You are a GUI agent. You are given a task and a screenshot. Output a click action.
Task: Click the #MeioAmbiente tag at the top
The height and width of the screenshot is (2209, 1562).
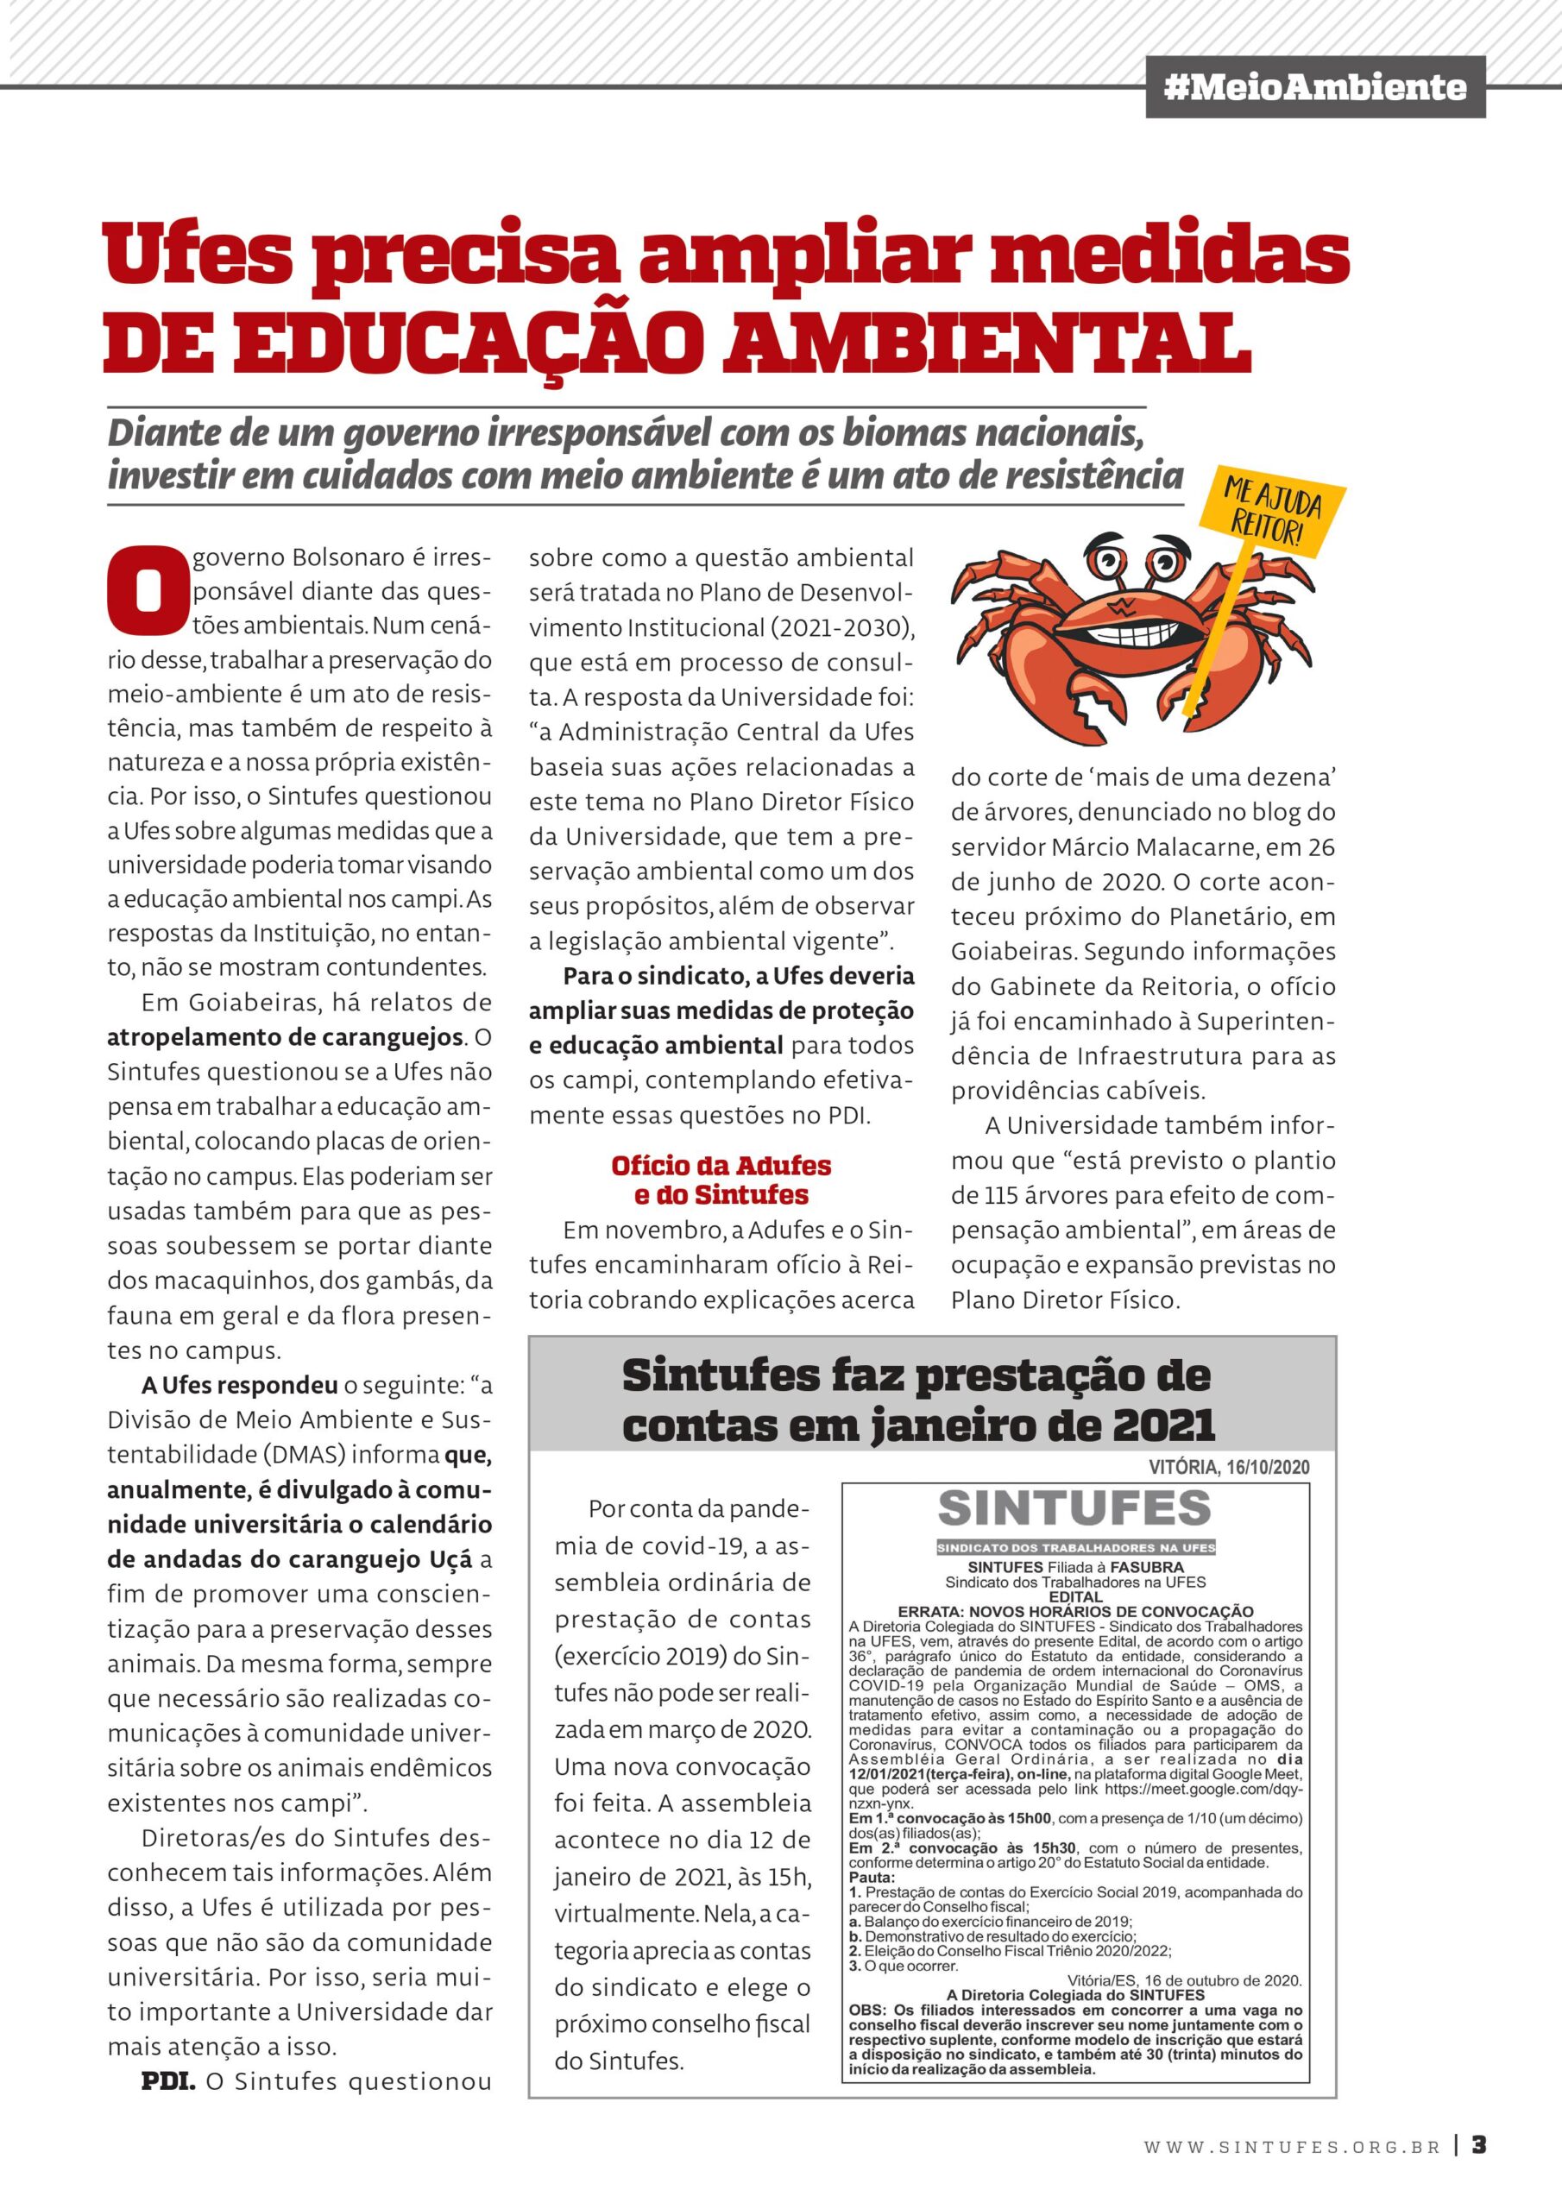(1314, 87)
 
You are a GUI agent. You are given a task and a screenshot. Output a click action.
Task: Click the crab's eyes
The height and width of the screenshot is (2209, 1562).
(1133, 561)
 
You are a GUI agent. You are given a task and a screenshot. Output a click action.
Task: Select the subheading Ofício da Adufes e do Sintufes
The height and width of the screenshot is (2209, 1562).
(721, 1180)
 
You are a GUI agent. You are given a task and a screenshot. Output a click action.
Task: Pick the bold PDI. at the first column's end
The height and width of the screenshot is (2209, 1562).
(168, 2081)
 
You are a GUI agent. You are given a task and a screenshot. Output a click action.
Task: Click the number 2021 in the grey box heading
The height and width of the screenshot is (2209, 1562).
(1163, 1425)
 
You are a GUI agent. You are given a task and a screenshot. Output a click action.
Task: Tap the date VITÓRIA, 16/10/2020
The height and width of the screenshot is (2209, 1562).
(1228, 1467)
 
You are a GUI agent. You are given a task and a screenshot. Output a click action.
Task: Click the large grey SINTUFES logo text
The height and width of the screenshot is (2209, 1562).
(1074, 1508)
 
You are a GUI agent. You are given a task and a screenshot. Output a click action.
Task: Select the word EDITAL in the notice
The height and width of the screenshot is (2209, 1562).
(1075, 1597)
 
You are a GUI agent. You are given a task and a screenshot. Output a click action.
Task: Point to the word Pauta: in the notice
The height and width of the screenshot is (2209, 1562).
(872, 1876)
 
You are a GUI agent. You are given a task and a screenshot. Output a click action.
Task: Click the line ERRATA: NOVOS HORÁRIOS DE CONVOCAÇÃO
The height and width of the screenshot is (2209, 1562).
(1075, 1612)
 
